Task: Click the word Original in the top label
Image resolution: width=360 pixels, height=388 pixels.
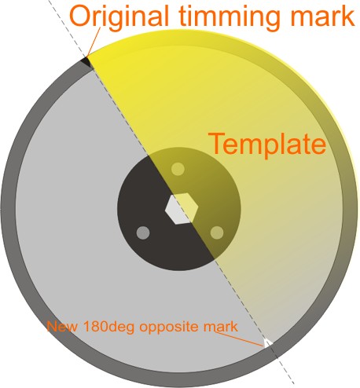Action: click(119, 18)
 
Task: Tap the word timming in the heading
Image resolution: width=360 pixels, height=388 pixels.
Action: click(229, 18)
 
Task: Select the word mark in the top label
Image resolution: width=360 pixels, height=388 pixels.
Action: click(323, 16)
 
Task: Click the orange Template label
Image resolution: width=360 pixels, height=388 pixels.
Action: click(267, 145)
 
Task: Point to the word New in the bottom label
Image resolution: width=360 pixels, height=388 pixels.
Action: click(62, 327)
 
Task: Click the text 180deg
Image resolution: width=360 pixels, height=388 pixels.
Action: click(108, 328)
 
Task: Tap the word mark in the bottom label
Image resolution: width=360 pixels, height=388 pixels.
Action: click(221, 327)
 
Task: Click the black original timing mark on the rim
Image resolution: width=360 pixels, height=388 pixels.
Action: click(86, 63)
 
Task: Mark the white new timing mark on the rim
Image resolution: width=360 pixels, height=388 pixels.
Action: click(267, 342)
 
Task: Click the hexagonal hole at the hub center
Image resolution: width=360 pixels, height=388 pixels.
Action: click(181, 209)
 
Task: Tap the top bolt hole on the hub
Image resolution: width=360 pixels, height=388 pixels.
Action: click(178, 169)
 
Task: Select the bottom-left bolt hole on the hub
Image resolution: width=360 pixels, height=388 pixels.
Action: click(143, 232)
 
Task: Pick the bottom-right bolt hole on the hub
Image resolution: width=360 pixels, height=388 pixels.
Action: click(217, 232)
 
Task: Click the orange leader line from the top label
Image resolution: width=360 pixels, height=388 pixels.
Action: click(94, 41)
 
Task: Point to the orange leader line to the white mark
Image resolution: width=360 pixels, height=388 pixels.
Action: click(239, 339)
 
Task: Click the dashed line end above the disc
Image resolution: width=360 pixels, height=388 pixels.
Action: click(48, 1)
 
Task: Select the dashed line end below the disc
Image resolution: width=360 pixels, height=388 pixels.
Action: click(293, 383)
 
